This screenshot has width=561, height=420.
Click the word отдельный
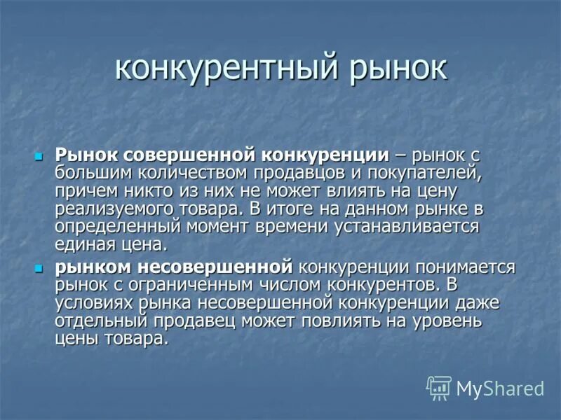click(x=101, y=321)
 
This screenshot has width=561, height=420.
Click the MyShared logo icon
click(x=439, y=388)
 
